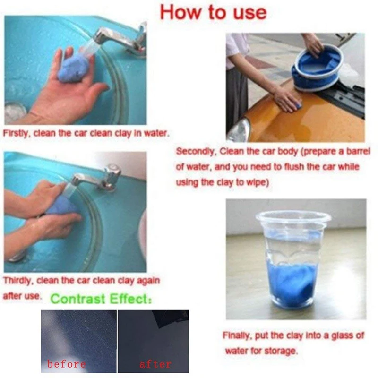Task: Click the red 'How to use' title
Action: (214, 13)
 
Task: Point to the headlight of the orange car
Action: (239, 130)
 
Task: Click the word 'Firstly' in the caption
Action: (16, 133)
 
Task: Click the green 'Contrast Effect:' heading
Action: (101, 299)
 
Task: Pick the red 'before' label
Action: (67, 364)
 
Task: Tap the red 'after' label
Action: (155, 364)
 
